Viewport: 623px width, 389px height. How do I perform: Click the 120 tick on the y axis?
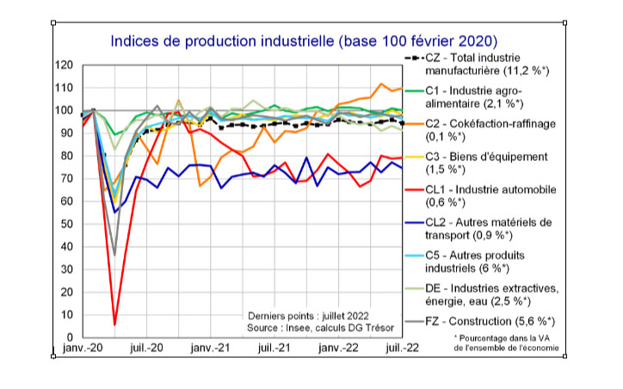pos(63,65)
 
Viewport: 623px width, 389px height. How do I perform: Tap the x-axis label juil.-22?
pos(390,349)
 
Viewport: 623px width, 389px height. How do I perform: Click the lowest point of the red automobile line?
pos(114,325)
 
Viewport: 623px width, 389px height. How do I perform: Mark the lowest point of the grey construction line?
pos(114,255)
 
